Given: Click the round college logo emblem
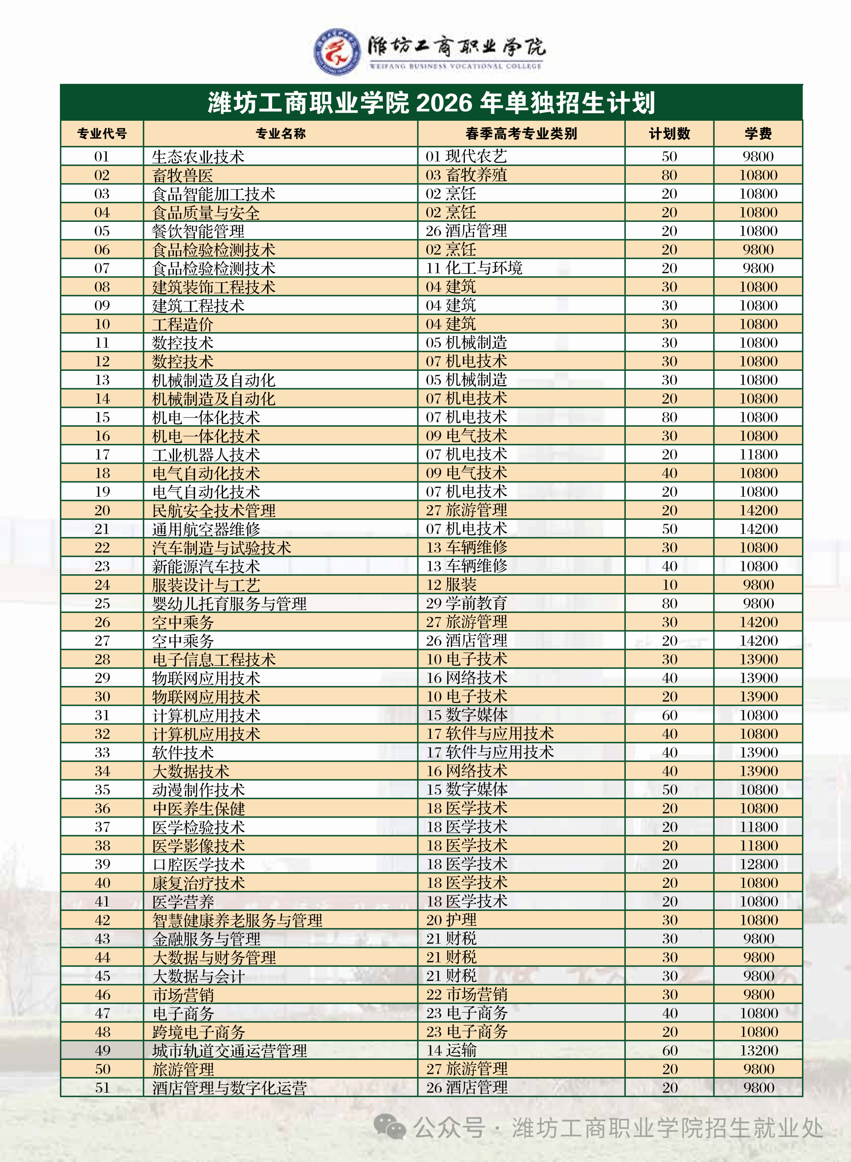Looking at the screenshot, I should (x=337, y=51).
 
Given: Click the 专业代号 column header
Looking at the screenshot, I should (x=102, y=134).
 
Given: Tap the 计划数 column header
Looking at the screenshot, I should (x=669, y=134).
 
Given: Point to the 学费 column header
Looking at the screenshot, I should (x=758, y=134).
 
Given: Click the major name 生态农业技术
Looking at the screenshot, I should (x=198, y=157).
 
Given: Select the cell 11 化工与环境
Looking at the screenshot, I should (x=474, y=268).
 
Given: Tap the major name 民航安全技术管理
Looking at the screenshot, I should (x=214, y=511).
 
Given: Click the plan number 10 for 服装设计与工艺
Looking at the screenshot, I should (x=669, y=585).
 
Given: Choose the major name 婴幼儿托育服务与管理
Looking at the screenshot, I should (x=229, y=603).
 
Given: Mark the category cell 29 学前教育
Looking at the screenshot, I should (x=467, y=603).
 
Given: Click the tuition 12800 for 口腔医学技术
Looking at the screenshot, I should (x=758, y=864).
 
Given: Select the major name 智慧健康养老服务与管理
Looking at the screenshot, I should (x=237, y=920).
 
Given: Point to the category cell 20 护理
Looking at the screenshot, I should (x=451, y=920).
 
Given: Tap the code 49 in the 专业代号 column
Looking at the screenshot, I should (x=103, y=1050).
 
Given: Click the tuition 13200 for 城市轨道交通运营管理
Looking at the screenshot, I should (x=758, y=1050).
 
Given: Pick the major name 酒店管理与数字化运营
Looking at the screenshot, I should (x=229, y=1088).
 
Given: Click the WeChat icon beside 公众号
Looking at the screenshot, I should (x=389, y=1126).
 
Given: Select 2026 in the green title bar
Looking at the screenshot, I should (x=443, y=103).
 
